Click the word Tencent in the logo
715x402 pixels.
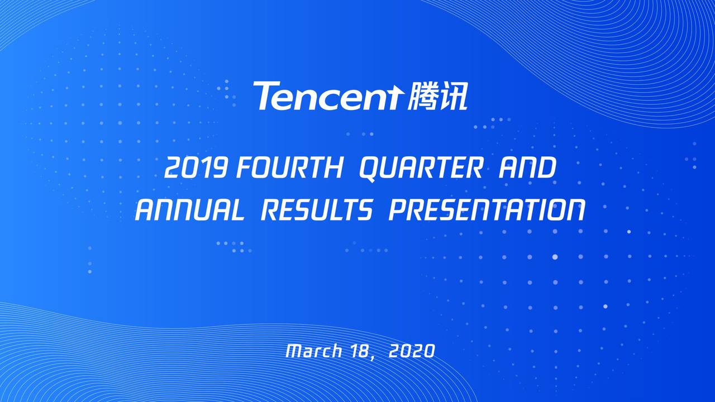(x=327, y=96)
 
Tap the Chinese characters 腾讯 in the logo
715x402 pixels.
(x=437, y=95)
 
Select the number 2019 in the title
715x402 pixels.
(x=196, y=169)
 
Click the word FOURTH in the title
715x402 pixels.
(x=289, y=169)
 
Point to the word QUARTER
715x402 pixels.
(x=421, y=169)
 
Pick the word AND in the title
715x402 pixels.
(x=527, y=169)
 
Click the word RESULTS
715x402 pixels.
(x=316, y=211)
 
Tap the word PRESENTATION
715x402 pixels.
(x=487, y=211)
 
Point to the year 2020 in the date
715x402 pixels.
(x=411, y=351)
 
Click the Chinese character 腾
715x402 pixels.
(x=423, y=95)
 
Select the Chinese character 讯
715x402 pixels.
(x=454, y=95)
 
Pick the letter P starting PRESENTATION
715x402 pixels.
(x=398, y=211)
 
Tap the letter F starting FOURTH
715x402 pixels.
(x=244, y=169)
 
